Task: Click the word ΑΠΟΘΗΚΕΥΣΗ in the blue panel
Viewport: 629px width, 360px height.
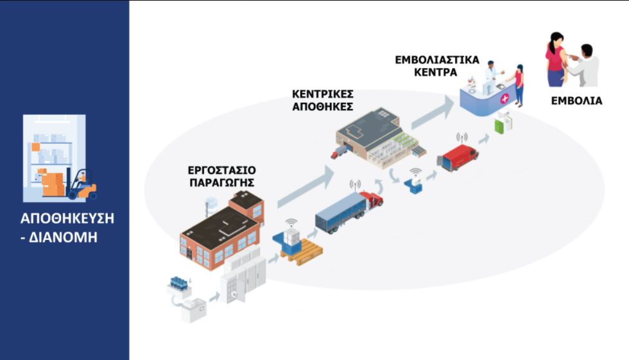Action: click(x=67, y=218)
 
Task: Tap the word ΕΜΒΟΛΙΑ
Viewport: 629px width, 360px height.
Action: click(x=576, y=101)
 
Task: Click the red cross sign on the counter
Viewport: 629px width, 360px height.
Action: click(x=504, y=99)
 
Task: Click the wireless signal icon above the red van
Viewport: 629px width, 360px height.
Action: click(x=461, y=137)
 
